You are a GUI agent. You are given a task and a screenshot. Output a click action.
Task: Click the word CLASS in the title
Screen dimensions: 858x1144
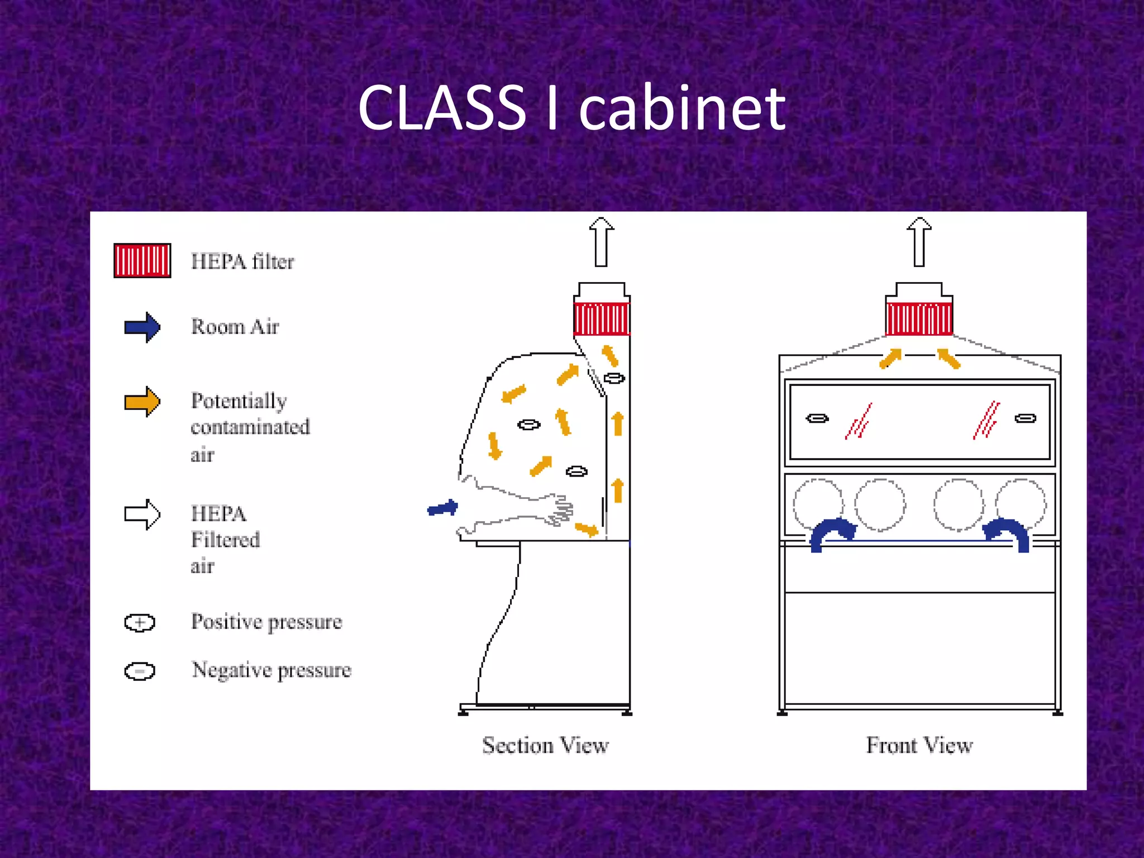click(x=442, y=107)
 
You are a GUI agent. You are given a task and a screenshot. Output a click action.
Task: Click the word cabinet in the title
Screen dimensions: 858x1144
click(x=682, y=107)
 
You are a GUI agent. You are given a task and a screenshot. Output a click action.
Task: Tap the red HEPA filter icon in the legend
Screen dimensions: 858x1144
click(x=142, y=260)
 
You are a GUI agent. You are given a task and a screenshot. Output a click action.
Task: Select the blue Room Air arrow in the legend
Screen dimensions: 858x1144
click(x=142, y=327)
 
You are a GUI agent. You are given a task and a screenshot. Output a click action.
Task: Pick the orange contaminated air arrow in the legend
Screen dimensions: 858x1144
click(x=142, y=401)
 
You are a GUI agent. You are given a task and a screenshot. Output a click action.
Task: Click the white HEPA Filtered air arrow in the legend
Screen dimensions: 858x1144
click(x=142, y=514)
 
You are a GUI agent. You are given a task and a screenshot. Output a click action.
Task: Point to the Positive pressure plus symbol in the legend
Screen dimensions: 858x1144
click(x=140, y=622)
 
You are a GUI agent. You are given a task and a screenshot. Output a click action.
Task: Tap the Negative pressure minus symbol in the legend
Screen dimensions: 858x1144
click(x=140, y=671)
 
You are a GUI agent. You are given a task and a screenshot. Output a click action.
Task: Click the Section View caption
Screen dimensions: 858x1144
click(x=545, y=746)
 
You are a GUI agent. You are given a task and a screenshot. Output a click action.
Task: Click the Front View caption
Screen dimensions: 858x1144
click(x=919, y=746)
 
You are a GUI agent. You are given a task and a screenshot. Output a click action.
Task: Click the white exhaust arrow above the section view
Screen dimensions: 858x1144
click(x=601, y=242)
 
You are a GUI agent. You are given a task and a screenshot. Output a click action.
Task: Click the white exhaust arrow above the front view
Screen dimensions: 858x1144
click(x=919, y=242)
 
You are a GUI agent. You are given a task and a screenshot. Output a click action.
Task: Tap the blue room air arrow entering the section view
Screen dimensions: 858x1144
click(x=443, y=508)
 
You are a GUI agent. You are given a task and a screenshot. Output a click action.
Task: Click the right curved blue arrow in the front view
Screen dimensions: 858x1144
click(x=1008, y=534)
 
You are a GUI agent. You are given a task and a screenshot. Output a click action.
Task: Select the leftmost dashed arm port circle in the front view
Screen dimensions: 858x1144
click(x=818, y=504)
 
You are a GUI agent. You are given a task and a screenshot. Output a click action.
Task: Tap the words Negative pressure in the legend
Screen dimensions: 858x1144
click(x=271, y=670)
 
